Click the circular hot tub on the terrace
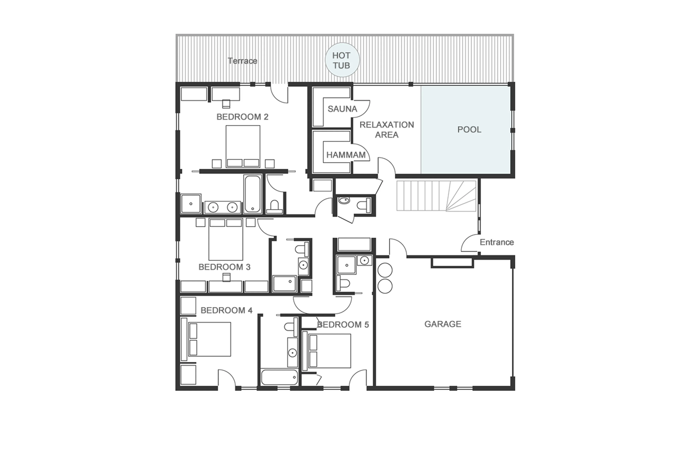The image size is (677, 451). pos(342,60)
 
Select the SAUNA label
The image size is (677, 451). pos(342,109)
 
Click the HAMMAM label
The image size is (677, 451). pos(346,155)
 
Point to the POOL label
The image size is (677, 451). pos(469,130)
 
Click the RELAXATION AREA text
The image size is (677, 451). pos(386,130)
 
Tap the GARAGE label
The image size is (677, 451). pos(443,324)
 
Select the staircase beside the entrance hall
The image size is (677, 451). pos(436,196)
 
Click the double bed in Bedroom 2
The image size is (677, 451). pos(243,146)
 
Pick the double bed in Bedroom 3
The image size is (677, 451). pos(225,239)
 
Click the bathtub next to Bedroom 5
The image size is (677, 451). pos(279,377)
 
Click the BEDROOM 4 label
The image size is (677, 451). pos(226,310)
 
